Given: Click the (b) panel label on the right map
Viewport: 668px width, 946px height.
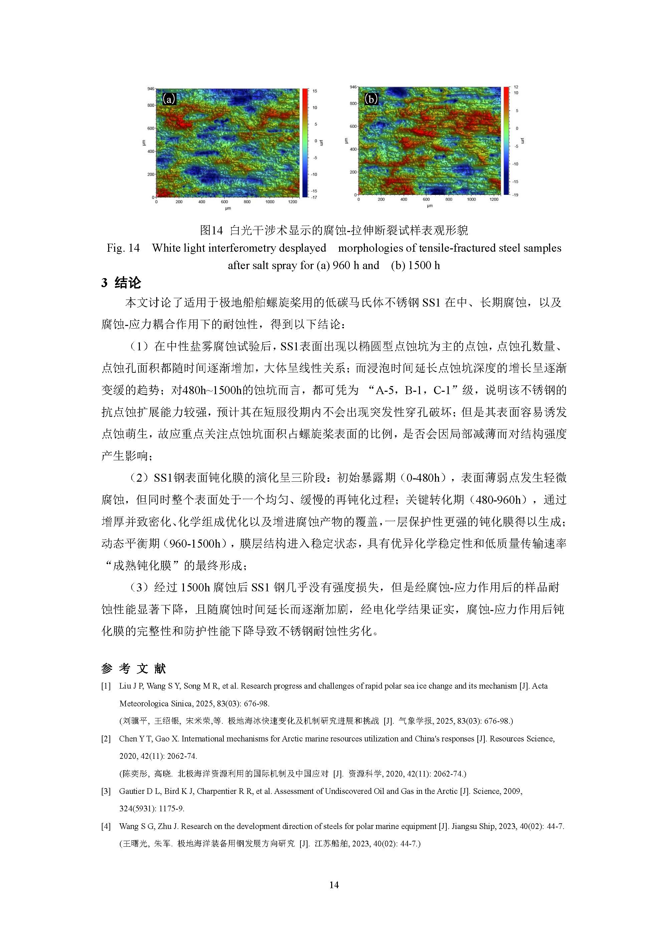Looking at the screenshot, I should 371,99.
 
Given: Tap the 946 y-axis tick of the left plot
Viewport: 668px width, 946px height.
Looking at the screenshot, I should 151,89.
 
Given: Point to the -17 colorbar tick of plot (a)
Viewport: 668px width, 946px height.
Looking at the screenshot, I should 313,197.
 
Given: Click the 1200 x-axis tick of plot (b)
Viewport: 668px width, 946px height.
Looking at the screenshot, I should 494,200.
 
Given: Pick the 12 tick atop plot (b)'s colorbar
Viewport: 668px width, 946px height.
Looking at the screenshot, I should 516,87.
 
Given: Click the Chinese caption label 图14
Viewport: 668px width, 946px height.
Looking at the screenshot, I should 211,230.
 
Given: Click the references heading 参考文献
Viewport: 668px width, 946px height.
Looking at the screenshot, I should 133,668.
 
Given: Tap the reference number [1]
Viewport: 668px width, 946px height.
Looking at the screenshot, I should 106,686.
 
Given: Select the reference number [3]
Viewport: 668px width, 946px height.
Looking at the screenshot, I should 106,791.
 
